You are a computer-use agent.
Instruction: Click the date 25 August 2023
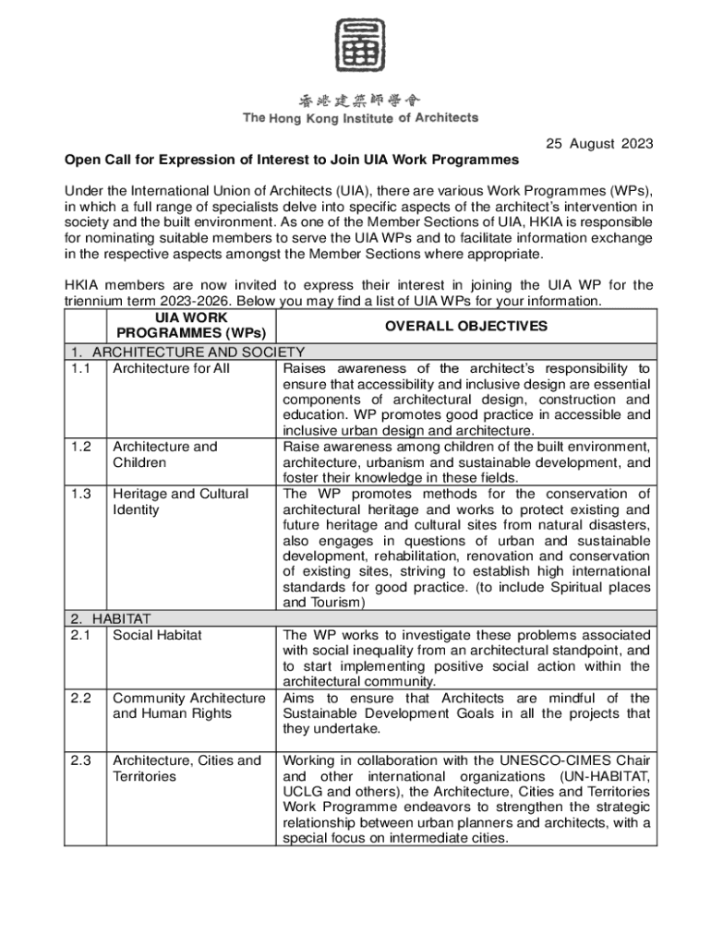(x=599, y=143)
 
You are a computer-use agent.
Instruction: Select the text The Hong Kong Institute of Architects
(x=360, y=118)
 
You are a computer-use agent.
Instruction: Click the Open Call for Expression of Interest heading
(x=292, y=159)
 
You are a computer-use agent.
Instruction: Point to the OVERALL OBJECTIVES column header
(x=466, y=326)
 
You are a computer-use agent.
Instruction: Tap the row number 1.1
(x=80, y=368)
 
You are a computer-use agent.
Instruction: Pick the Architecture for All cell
(x=171, y=368)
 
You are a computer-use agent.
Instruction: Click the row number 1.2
(x=80, y=447)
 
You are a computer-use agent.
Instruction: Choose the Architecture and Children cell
(x=164, y=454)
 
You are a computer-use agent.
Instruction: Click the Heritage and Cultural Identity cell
(x=180, y=501)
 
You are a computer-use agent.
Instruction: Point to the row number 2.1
(x=80, y=635)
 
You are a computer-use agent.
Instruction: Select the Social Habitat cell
(x=157, y=635)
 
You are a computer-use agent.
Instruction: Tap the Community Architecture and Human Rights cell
(x=188, y=705)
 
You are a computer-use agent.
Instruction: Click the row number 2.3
(x=80, y=760)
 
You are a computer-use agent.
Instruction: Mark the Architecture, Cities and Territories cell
(x=187, y=768)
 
